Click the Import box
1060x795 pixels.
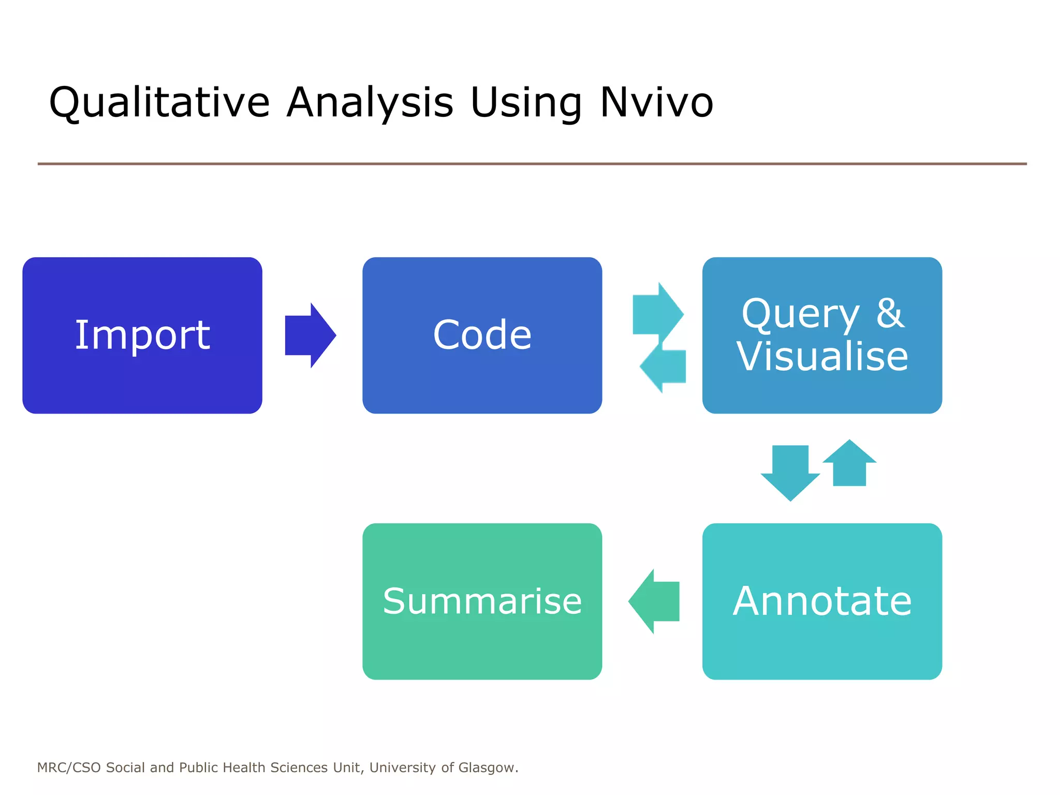pos(142,335)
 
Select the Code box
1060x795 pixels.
pos(482,335)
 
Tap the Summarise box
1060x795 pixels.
pos(482,601)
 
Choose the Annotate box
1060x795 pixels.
pos(822,601)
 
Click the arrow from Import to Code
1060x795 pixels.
pos(310,335)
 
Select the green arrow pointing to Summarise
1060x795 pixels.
pos(654,601)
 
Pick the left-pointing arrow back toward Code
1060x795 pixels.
pos(665,366)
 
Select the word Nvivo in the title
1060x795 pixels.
pos(656,102)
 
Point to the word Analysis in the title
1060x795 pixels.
pos(370,102)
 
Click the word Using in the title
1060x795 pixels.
pos(526,102)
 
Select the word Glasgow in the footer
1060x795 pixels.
pos(487,768)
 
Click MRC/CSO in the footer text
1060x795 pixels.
pos(69,768)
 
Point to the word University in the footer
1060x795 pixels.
pos(402,768)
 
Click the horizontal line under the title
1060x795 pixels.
pos(532,164)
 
